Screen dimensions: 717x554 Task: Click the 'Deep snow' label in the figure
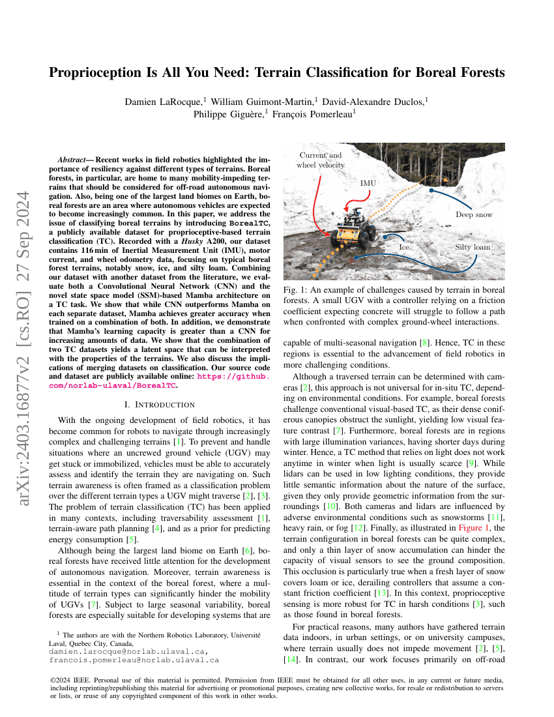click(474, 214)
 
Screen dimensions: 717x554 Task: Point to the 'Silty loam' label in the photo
click(472, 247)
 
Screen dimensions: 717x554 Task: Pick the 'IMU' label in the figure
click(368, 184)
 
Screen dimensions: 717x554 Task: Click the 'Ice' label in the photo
click(404, 248)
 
